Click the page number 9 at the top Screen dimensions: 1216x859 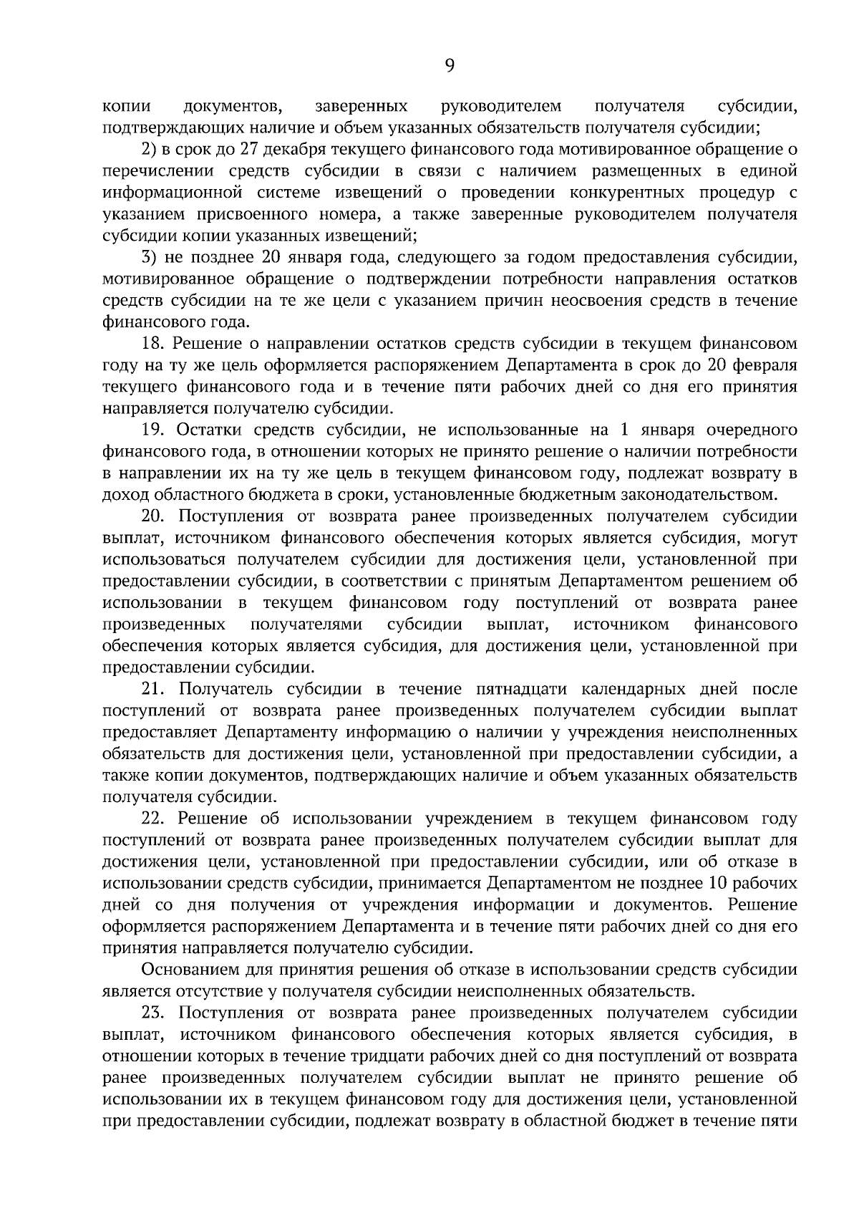pyautogui.click(x=449, y=66)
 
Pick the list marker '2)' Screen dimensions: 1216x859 pyautogui.click(x=147, y=150)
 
